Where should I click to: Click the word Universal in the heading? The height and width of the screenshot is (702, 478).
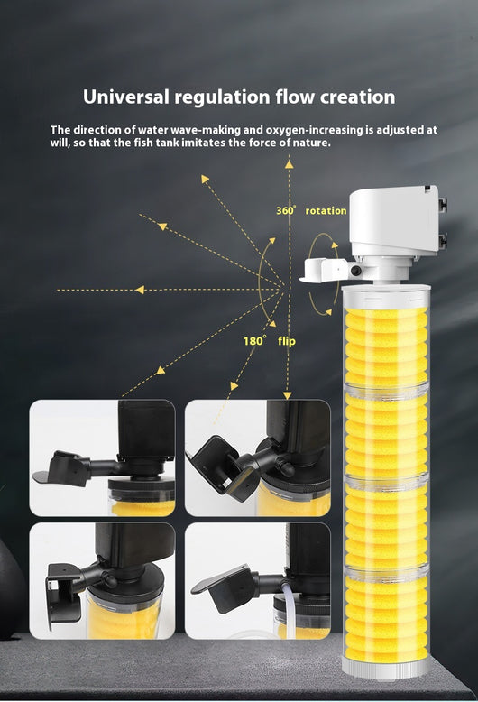pos(126,97)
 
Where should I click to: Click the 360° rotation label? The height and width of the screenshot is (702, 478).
pos(311,210)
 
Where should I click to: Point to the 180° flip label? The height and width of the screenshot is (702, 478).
pos(269,341)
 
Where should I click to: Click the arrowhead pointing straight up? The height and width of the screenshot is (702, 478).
pos(290,164)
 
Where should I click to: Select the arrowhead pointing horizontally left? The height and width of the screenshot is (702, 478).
pos(140,291)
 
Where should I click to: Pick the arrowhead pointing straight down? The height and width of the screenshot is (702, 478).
pos(288,395)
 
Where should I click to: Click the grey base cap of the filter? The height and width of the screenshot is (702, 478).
pos(386,667)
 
